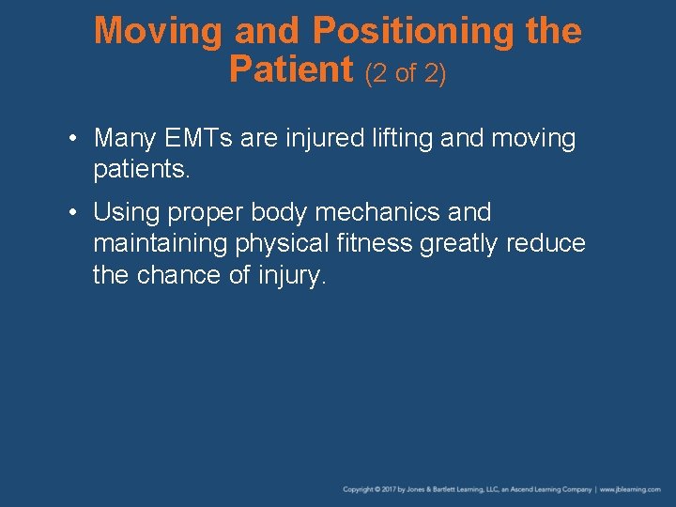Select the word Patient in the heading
click(292, 69)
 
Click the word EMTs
click(199, 139)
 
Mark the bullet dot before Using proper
click(73, 213)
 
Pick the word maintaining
click(161, 245)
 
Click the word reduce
click(545, 244)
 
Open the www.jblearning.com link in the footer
click(630, 489)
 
